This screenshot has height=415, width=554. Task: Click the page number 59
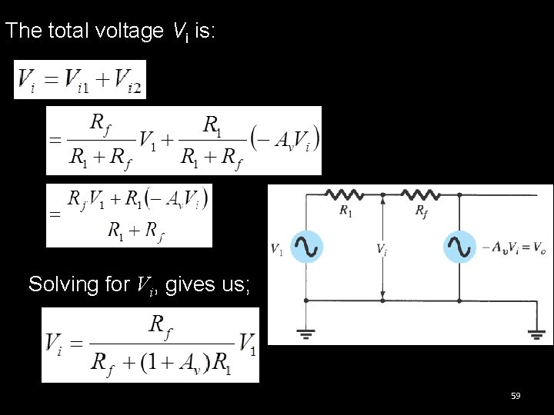click(516, 396)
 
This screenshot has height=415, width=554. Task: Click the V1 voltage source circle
click(306, 247)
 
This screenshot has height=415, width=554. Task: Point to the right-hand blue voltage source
click(459, 247)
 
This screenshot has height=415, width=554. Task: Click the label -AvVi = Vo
click(513, 248)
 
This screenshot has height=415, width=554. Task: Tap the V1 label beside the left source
click(277, 249)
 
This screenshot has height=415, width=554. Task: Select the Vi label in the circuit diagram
click(381, 249)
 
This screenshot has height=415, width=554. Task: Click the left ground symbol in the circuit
click(306, 333)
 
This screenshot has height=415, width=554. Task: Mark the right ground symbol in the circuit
click(536, 333)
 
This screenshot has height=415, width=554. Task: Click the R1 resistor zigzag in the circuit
click(345, 195)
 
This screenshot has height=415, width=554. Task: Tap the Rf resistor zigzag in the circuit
click(420, 195)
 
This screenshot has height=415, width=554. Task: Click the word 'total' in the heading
click(70, 31)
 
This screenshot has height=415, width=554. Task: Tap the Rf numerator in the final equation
click(160, 327)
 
